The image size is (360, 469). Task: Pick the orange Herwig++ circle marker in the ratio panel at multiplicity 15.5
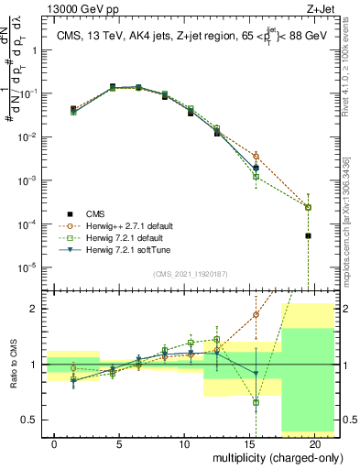point(256,314)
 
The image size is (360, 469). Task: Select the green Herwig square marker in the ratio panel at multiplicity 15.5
point(256,402)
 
